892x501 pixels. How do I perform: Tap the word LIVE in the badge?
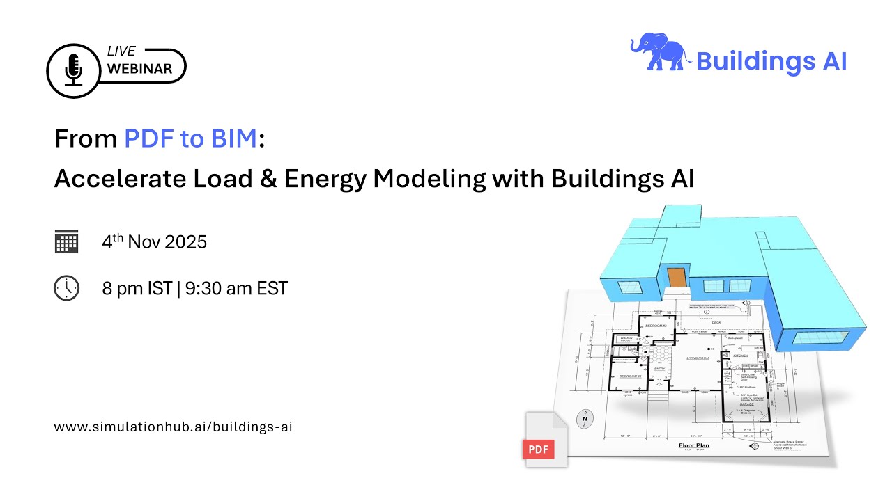coord(121,52)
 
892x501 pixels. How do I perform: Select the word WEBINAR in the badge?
coord(139,70)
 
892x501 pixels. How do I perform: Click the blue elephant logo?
coord(659,54)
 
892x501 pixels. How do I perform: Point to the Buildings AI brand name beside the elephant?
coord(771,62)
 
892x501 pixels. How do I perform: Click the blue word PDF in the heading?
coord(148,139)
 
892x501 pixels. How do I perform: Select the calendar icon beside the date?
coord(66,241)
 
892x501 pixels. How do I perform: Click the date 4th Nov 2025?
coord(154,241)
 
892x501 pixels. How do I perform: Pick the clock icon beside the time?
coord(66,287)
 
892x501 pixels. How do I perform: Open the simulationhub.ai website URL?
coord(173,427)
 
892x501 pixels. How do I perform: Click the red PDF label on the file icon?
coord(538,449)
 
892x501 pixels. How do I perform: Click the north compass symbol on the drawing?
coord(584,419)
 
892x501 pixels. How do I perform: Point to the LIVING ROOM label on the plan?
coord(698,358)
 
